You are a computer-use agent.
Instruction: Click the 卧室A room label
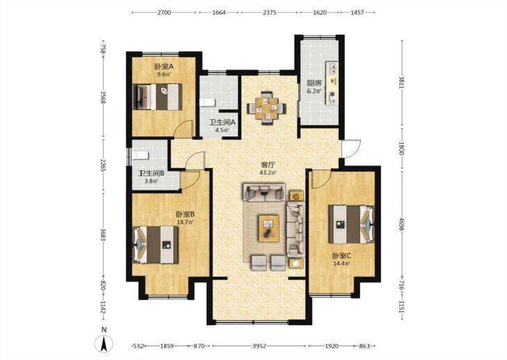164,67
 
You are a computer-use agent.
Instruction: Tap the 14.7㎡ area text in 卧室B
185,222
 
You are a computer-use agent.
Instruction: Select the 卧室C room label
341,256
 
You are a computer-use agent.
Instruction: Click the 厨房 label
314,83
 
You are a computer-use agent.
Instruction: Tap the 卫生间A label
222,123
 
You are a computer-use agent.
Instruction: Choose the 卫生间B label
151,173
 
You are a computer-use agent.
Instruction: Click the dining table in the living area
266,108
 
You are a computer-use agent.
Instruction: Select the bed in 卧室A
157,97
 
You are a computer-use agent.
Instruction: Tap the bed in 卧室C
351,224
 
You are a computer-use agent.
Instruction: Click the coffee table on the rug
268,228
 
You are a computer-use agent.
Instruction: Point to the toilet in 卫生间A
207,103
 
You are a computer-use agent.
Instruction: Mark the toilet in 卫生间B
140,156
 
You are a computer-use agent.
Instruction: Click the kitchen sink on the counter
332,68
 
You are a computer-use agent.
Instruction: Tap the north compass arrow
104,344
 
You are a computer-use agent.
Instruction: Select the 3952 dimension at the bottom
259,346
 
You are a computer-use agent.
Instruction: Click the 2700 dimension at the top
164,13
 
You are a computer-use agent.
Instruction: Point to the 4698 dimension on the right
401,224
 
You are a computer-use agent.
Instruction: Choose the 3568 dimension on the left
103,97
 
